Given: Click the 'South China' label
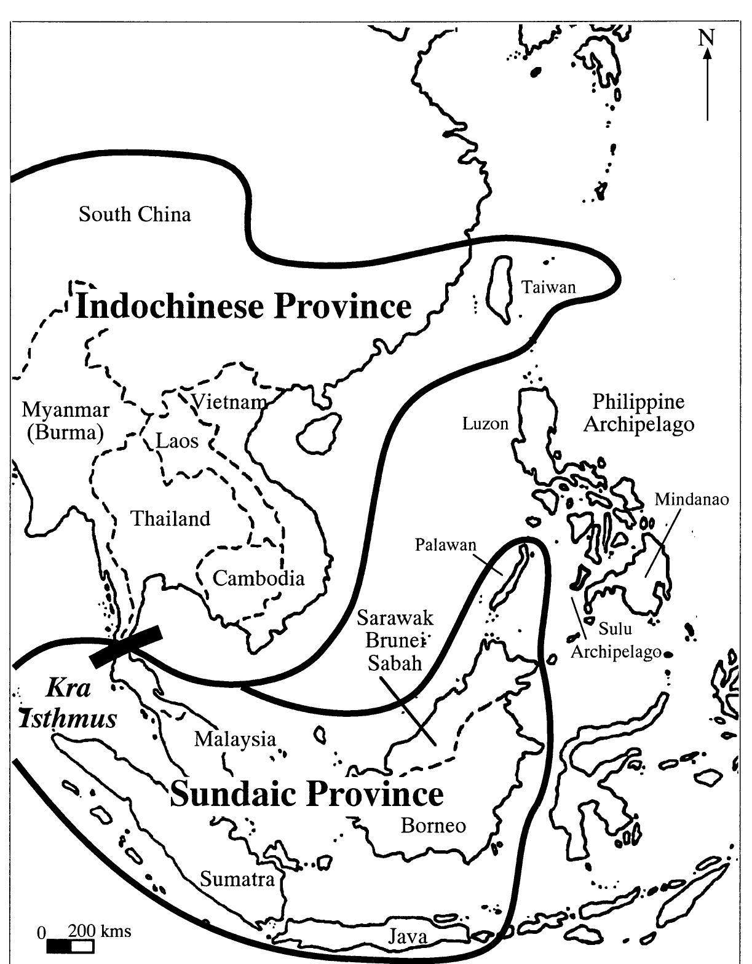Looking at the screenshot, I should (135, 215).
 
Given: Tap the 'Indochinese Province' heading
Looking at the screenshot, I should (243, 306).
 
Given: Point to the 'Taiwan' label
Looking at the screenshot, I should (548, 287).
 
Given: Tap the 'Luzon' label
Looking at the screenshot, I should (486, 424).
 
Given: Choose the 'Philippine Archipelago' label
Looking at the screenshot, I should (638, 413).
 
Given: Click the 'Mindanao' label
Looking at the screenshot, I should (691, 499).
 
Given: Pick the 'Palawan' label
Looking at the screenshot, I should (446, 545).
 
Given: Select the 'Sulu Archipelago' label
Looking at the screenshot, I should (615, 641).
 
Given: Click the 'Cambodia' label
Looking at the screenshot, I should (258, 579).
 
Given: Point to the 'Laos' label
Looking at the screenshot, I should (177, 441).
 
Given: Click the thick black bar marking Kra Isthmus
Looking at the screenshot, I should (126, 646).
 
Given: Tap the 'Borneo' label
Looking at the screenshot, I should (433, 825).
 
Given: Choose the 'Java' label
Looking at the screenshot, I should (407, 937).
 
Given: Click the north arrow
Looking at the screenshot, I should (707, 80).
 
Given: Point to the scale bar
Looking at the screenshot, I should (69, 946).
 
